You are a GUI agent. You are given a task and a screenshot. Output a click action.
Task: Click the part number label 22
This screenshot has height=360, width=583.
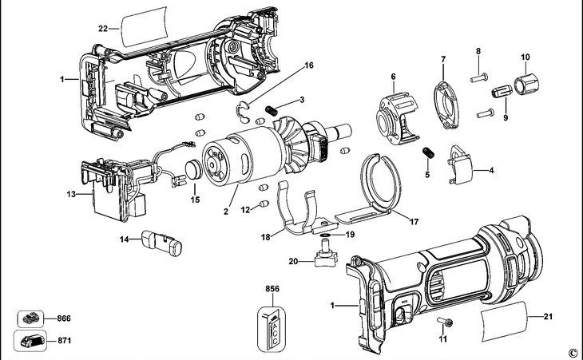coord(103,28)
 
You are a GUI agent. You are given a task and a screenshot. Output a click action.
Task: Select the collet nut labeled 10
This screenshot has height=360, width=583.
coord(526,84)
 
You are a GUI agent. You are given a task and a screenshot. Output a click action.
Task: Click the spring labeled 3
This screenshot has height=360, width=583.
coord(272,110)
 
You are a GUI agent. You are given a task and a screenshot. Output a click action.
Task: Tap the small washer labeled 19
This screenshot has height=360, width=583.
coord(325,235)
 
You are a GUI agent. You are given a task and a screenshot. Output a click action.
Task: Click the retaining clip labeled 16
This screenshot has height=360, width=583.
coord(243,111)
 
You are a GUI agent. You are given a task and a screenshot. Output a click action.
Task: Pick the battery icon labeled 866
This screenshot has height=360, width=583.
coord(31,318)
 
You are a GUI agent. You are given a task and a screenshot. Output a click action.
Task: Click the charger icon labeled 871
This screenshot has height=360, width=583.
coord(30,340)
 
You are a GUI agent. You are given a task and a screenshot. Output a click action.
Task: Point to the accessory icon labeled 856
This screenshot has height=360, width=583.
coord(272,329)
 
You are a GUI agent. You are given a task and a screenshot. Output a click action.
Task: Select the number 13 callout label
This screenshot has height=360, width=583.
coord(71,194)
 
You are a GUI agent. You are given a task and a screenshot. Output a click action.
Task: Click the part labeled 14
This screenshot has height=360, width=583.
coord(161,243)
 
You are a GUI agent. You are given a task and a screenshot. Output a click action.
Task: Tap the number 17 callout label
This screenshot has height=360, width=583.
coord(414,222)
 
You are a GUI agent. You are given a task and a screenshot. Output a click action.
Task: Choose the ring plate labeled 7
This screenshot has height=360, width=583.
coord(446,106)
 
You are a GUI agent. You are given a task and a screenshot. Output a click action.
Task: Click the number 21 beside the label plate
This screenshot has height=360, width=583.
coord(548,317)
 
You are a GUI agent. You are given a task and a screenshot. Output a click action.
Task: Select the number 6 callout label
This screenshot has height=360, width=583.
coord(393,77)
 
